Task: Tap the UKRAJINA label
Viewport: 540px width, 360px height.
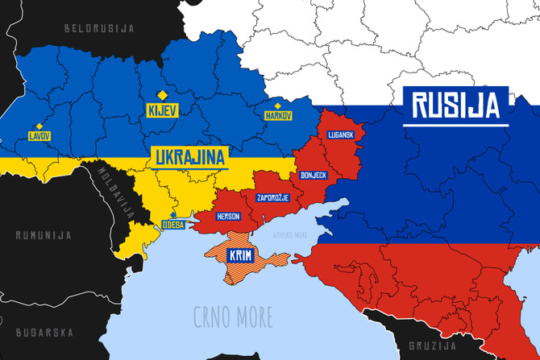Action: point(189,156)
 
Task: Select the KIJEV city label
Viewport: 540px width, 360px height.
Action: point(162,109)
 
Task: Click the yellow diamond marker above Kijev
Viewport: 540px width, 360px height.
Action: point(162,94)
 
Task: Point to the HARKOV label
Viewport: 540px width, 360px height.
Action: point(278,116)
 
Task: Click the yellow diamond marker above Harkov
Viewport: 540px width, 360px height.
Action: point(278,106)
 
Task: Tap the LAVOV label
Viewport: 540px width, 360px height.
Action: point(39,136)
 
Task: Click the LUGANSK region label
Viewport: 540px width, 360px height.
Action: point(341,134)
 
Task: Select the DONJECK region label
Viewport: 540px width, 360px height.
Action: point(313,175)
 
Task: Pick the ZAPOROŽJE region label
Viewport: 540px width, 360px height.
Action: point(272,197)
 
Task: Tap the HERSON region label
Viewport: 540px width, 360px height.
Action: point(228,217)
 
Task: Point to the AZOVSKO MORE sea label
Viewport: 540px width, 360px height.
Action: point(289,235)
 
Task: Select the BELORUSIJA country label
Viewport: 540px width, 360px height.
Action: point(99,28)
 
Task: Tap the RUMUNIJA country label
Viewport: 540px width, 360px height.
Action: point(44,236)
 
